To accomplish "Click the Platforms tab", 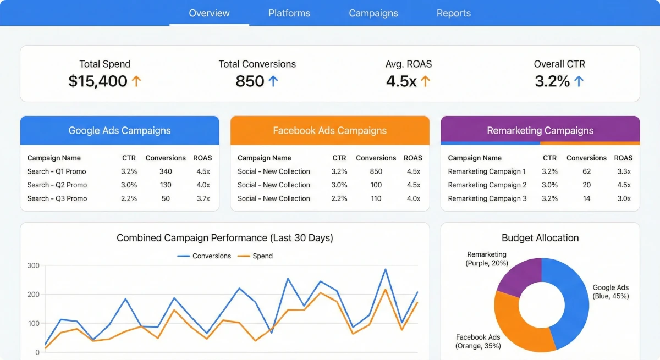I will click(x=289, y=13).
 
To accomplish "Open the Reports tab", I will click(x=453, y=13).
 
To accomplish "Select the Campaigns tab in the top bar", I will click(x=373, y=13).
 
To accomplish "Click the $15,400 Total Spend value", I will click(x=98, y=81).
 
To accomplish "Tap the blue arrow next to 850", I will click(x=273, y=81).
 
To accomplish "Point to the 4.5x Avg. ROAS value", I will click(x=401, y=81).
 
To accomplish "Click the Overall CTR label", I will click(x=559, y=64).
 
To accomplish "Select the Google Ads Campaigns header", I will click(x=119, y=131).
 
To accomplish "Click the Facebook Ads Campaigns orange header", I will click(x=329, y=131).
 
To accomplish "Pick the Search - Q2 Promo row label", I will click(x=57, y=185).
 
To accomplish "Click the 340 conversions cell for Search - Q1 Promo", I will click(x=166, y=171).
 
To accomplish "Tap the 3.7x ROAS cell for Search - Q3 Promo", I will click(x=203, y=198).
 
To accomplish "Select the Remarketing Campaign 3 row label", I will click(x=487, y=198).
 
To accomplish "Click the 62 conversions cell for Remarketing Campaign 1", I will click(x=586, y=171).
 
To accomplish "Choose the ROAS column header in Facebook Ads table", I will click(x=413, y=158).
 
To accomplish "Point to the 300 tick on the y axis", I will click(x=33, y=265).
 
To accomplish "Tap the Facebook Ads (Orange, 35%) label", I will click(x=478, y=341).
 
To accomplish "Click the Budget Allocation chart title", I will click(x=540, y=238).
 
